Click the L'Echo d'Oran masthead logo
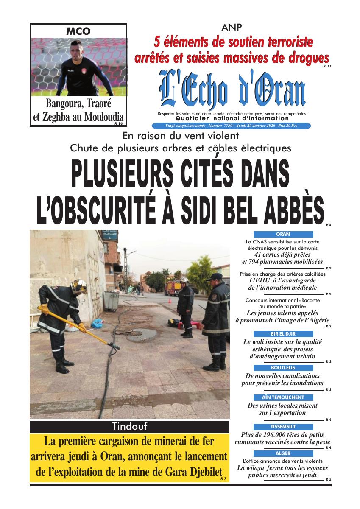click(232, 91)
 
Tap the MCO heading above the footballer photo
click(78, 31)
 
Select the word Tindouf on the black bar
click(129, 426)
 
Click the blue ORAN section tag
click(283, 234)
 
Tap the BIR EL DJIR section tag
click(283, 334)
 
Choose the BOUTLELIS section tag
click(283, 368)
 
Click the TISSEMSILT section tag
click(283, 427)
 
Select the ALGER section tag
click(283, 453)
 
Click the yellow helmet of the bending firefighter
click(79, 286)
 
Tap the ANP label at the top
click(232, 28)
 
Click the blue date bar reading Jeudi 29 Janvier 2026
click(232, 126)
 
